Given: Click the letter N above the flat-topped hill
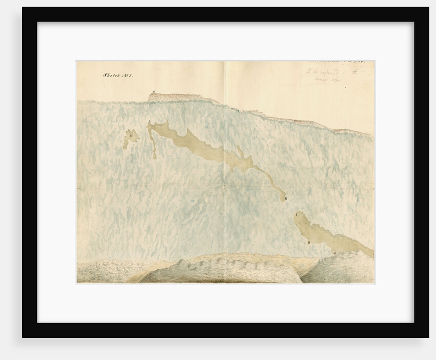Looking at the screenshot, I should [x=153, y=91].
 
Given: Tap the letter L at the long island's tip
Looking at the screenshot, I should [x=149, y=122].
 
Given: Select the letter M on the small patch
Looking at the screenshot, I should [x=132, y=135].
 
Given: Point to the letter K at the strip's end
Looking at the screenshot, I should [x=286, y=198].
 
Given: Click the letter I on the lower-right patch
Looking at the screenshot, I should [x=296, y=218].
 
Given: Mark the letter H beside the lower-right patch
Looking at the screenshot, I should [x=308, y=242].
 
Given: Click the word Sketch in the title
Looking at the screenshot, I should [x=111, y=75].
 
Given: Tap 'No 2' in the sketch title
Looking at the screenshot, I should [x=127, y=75].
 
